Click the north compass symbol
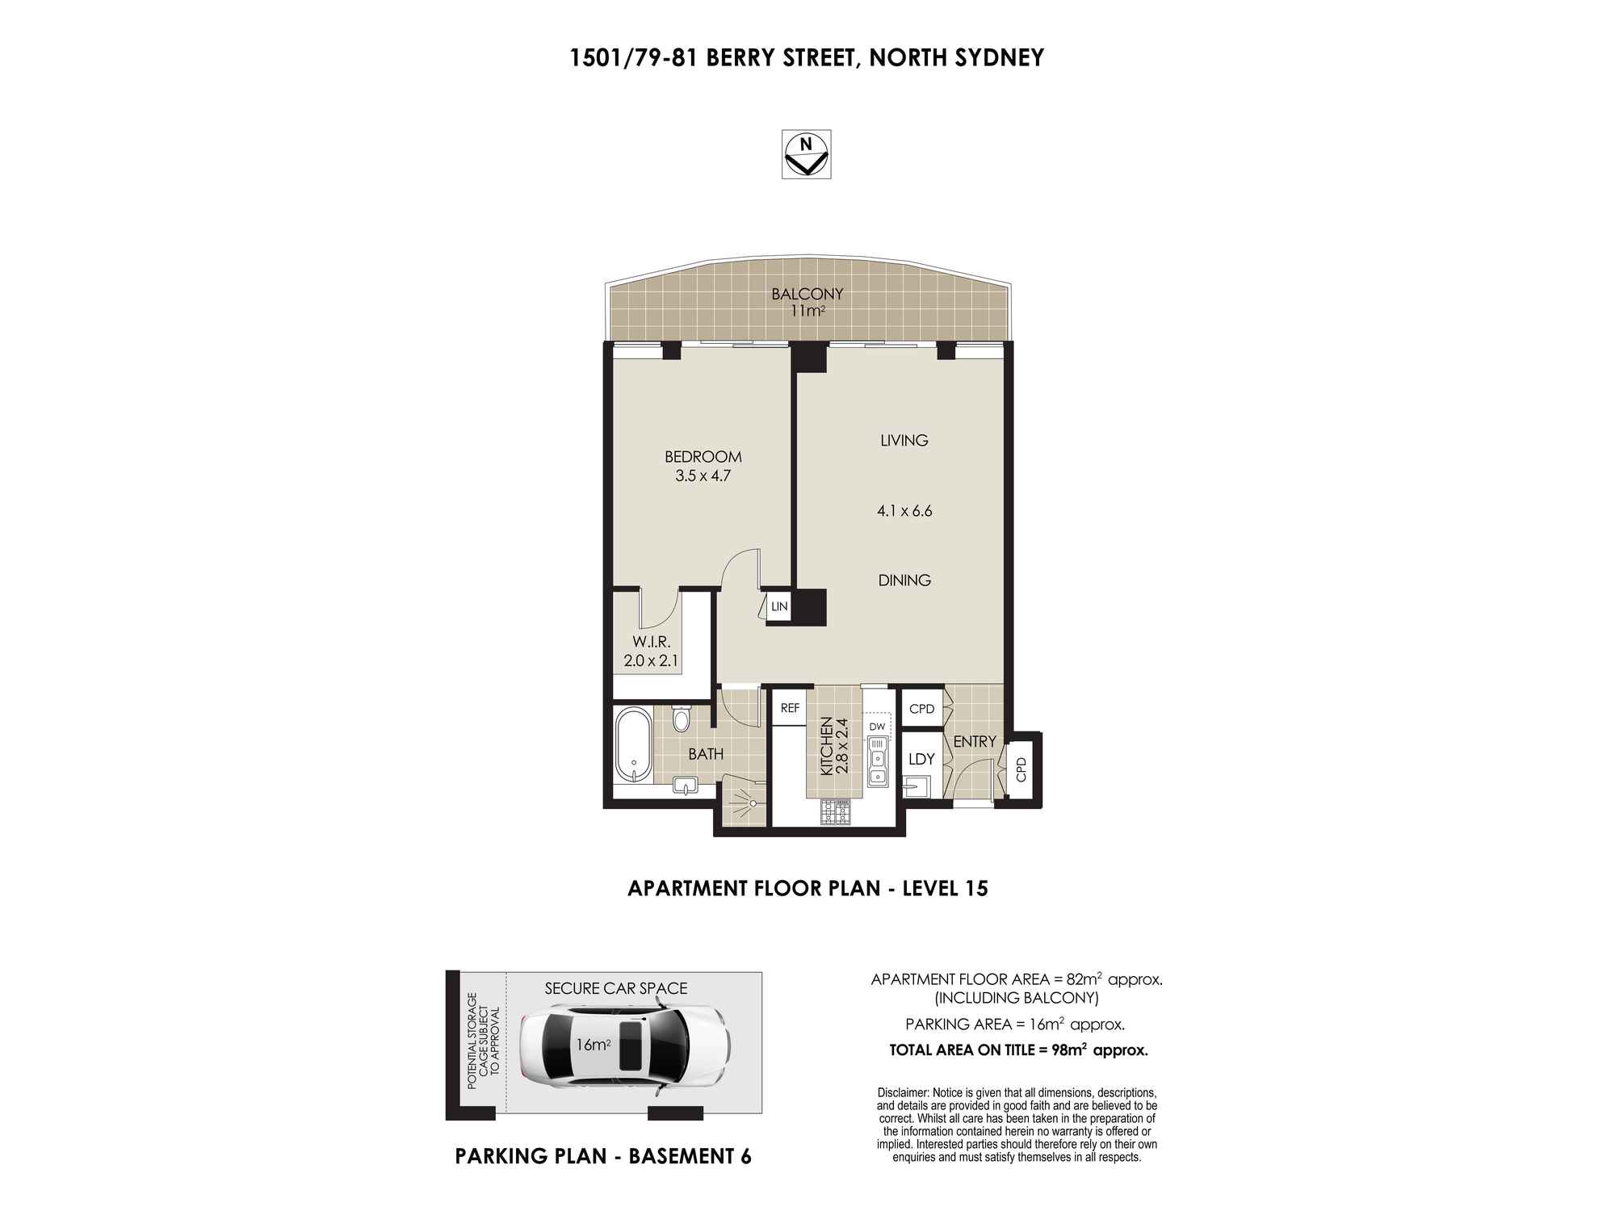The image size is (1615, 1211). (x=806, y=154)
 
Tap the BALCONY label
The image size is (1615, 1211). (x=807, y=294)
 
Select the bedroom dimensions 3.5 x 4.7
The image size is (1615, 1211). (x=703, y=476)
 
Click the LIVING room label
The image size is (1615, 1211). (x=904, y=440)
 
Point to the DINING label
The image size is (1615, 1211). (x=904, y=580)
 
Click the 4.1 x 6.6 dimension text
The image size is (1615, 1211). (x=904, y=510)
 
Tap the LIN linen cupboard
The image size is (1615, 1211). (x=778, y=605)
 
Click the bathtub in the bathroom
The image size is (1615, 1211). (x=634, y=745)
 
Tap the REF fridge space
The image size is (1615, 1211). (x=789, y=708)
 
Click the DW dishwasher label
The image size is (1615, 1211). (x=878, y=726)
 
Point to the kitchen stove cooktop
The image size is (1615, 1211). (x=836, y=811)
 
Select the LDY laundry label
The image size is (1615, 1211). (x=921, y=759)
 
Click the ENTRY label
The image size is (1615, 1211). (x=975, y=741)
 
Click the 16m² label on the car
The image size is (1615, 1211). (x=593, y=1045)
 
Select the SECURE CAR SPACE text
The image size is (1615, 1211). (x=616, y=988)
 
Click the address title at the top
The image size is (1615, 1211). (x=807, y=58)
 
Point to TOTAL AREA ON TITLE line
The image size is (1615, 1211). (x=1018, y=1050)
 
